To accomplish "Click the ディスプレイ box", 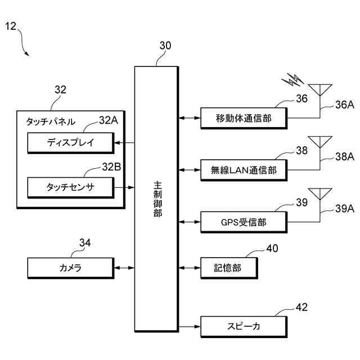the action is tap(71, 143).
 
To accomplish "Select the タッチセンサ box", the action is tap(71, 187).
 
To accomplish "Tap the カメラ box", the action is tap(71, 268).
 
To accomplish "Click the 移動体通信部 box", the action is tap(244, 118).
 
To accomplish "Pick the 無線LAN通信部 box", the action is tap(244, 170).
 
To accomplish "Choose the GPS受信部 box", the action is tap(244, 222).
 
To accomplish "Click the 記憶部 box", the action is tap(229, 268).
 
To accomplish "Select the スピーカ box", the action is tap(244, 327).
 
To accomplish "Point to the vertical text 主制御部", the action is tap(157, 199).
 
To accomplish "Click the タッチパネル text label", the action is tap(51, 121).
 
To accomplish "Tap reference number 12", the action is tap(11, 26).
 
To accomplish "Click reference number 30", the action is tap(165, 46).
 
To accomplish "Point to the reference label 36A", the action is tap(345, 105).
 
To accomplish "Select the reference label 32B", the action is tap(111, 167).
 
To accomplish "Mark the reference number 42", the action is tap(301, 307).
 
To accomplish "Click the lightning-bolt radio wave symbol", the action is tap(292, 80).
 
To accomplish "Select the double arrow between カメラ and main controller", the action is tap(124, 268).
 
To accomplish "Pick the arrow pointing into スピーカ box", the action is tap(190, 326).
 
